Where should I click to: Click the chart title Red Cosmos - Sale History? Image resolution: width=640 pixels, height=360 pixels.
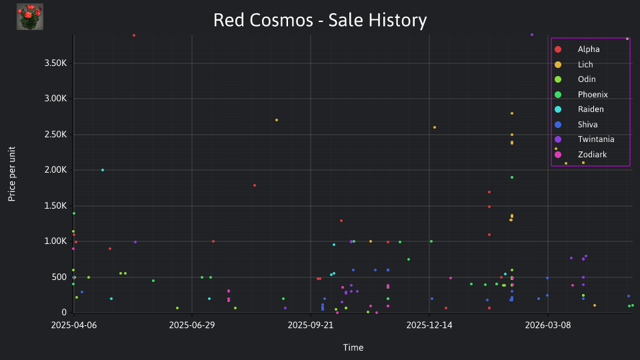[x=320, y=20]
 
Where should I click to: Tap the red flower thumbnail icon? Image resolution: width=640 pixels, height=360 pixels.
[x=30, y=17]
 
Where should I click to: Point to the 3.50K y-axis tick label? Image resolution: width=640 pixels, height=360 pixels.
[x=55, y=63]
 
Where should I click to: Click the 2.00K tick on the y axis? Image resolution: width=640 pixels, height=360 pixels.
[x=55, y=170]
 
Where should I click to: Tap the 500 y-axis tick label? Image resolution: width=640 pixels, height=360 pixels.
[x=59, y=277]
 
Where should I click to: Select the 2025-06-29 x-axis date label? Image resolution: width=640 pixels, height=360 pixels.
[x=192, y=325]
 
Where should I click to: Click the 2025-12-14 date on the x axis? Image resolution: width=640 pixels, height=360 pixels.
[x=429, y=325]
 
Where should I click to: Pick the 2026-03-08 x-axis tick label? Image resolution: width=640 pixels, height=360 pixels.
[x=548, y=325]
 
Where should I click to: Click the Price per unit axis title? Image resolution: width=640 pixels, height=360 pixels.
[x=12, y=174]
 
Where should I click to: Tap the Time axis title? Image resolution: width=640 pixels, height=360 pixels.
[x=353, y=347]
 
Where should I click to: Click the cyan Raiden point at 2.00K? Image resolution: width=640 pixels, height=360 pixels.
[x=103, y=170]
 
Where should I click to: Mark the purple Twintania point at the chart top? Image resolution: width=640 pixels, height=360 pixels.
[x=532, y=35]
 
